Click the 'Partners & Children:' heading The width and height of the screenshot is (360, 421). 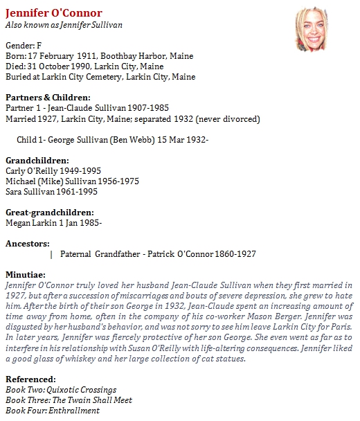click(48, 98)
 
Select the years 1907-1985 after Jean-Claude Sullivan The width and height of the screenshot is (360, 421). click(145, 108)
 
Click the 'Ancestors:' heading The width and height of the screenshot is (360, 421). click(27, 244)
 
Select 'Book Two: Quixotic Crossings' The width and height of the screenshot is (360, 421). click(61, 390)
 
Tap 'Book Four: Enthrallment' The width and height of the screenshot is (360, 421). click(52, 411)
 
